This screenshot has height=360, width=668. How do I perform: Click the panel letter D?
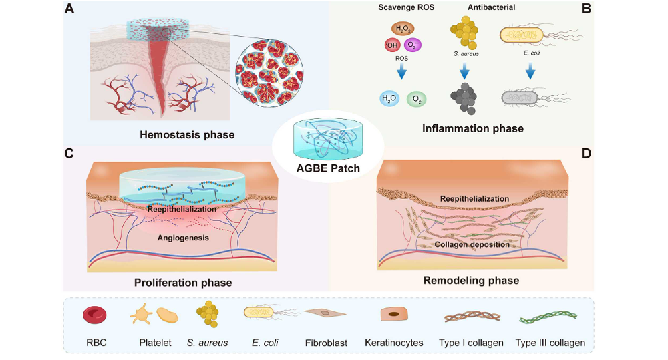click(x=587, y=154)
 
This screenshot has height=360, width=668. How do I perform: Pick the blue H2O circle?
click(x=388, y=99)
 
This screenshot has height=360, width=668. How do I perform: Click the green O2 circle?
click(x=416, y=99)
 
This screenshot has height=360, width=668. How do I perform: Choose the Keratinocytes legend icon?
click(x=393, y=315)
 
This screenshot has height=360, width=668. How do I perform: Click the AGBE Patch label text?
click(x=327, y=168)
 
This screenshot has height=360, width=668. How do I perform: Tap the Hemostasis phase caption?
click(x=187, y=135)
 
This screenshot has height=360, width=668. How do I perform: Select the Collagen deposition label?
click(x=472, y=244)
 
